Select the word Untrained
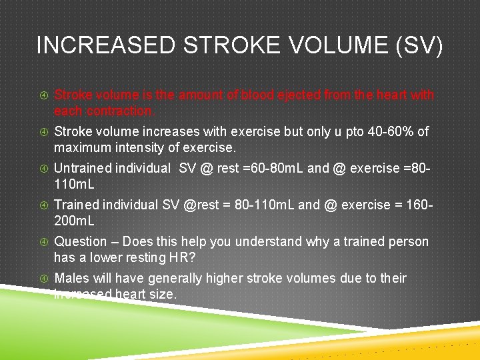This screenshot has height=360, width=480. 83,169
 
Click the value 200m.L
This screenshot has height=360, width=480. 75,220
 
